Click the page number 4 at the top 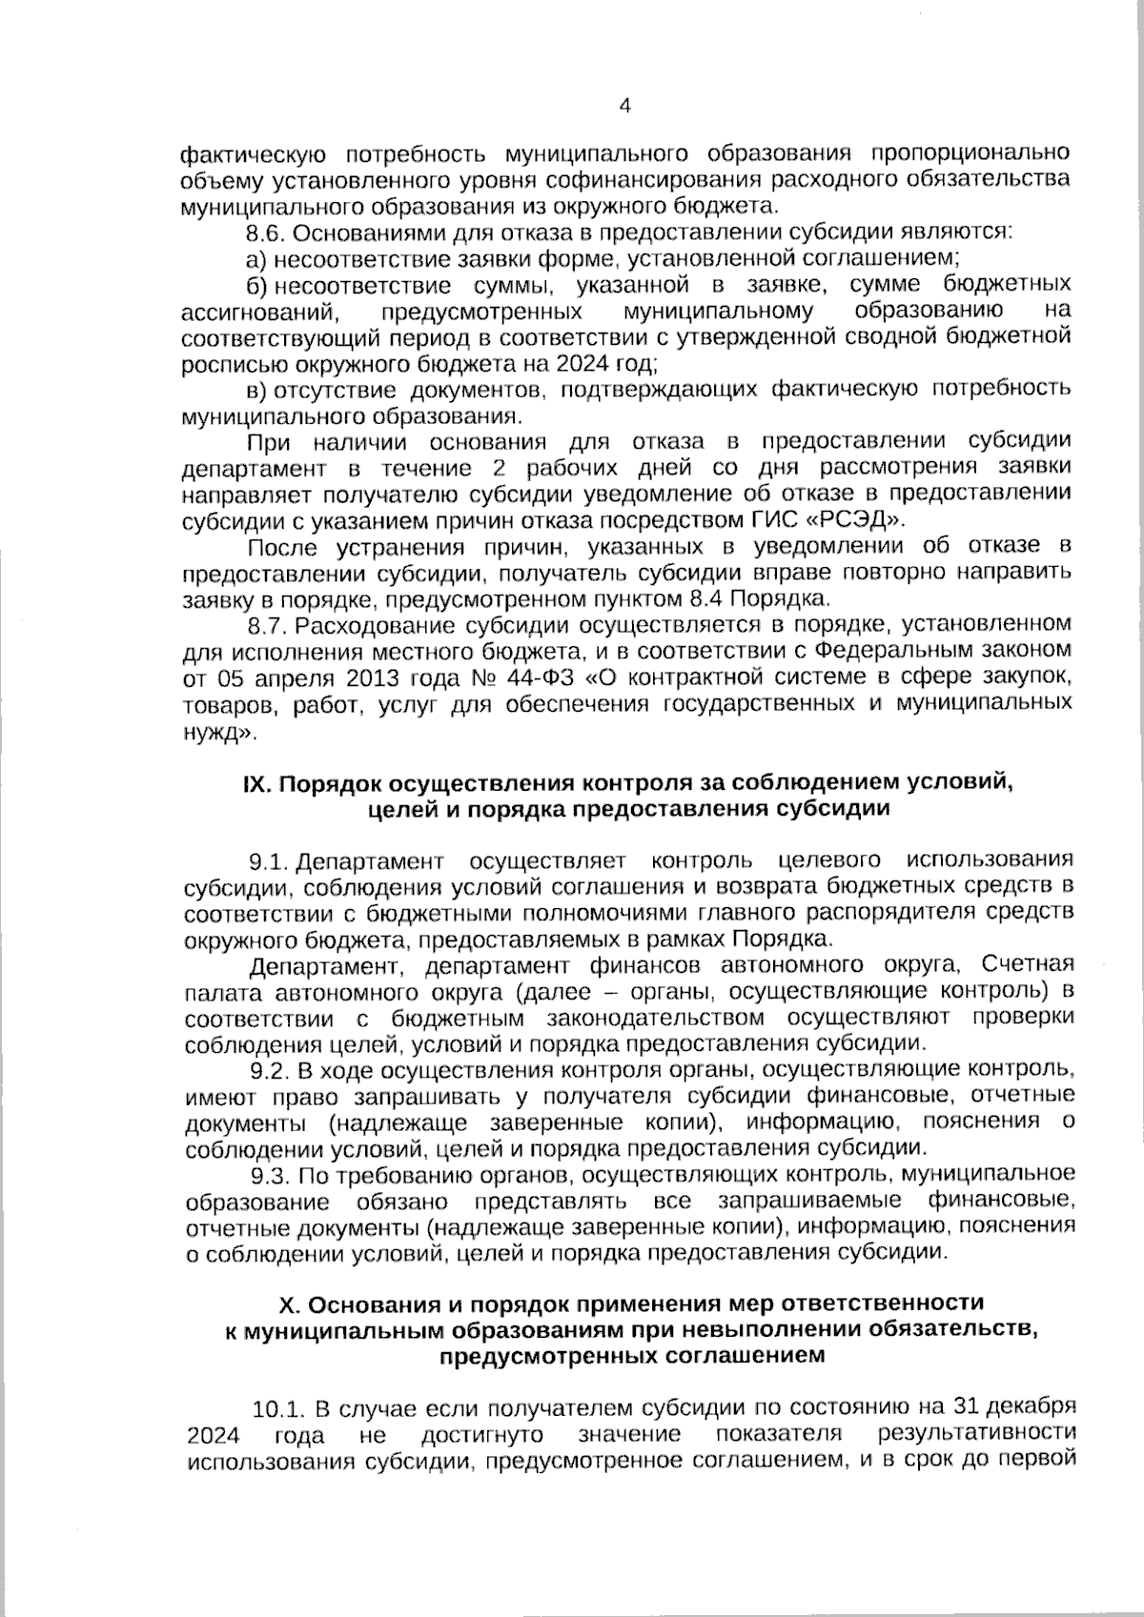[x=625, y=106]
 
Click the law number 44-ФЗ [x=547, y=678]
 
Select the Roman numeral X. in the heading [x=285, y=1303]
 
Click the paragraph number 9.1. [x=269, y=861]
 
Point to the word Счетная [x=1028, y=964]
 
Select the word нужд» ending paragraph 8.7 [x=218, y=733]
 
